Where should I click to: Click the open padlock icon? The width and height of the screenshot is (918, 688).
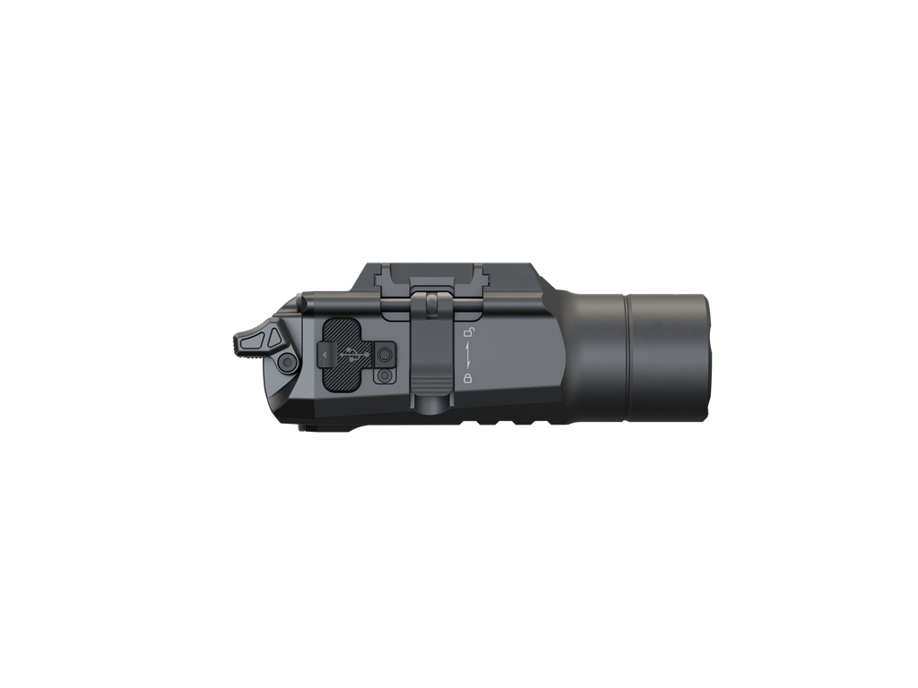467,333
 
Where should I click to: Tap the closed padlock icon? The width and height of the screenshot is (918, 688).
467,379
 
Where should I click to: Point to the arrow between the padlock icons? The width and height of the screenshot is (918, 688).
467,356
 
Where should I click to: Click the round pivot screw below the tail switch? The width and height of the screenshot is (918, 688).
288,363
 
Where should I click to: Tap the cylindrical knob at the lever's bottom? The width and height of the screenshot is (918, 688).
433,404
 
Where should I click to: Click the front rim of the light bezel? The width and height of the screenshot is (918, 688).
707,357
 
